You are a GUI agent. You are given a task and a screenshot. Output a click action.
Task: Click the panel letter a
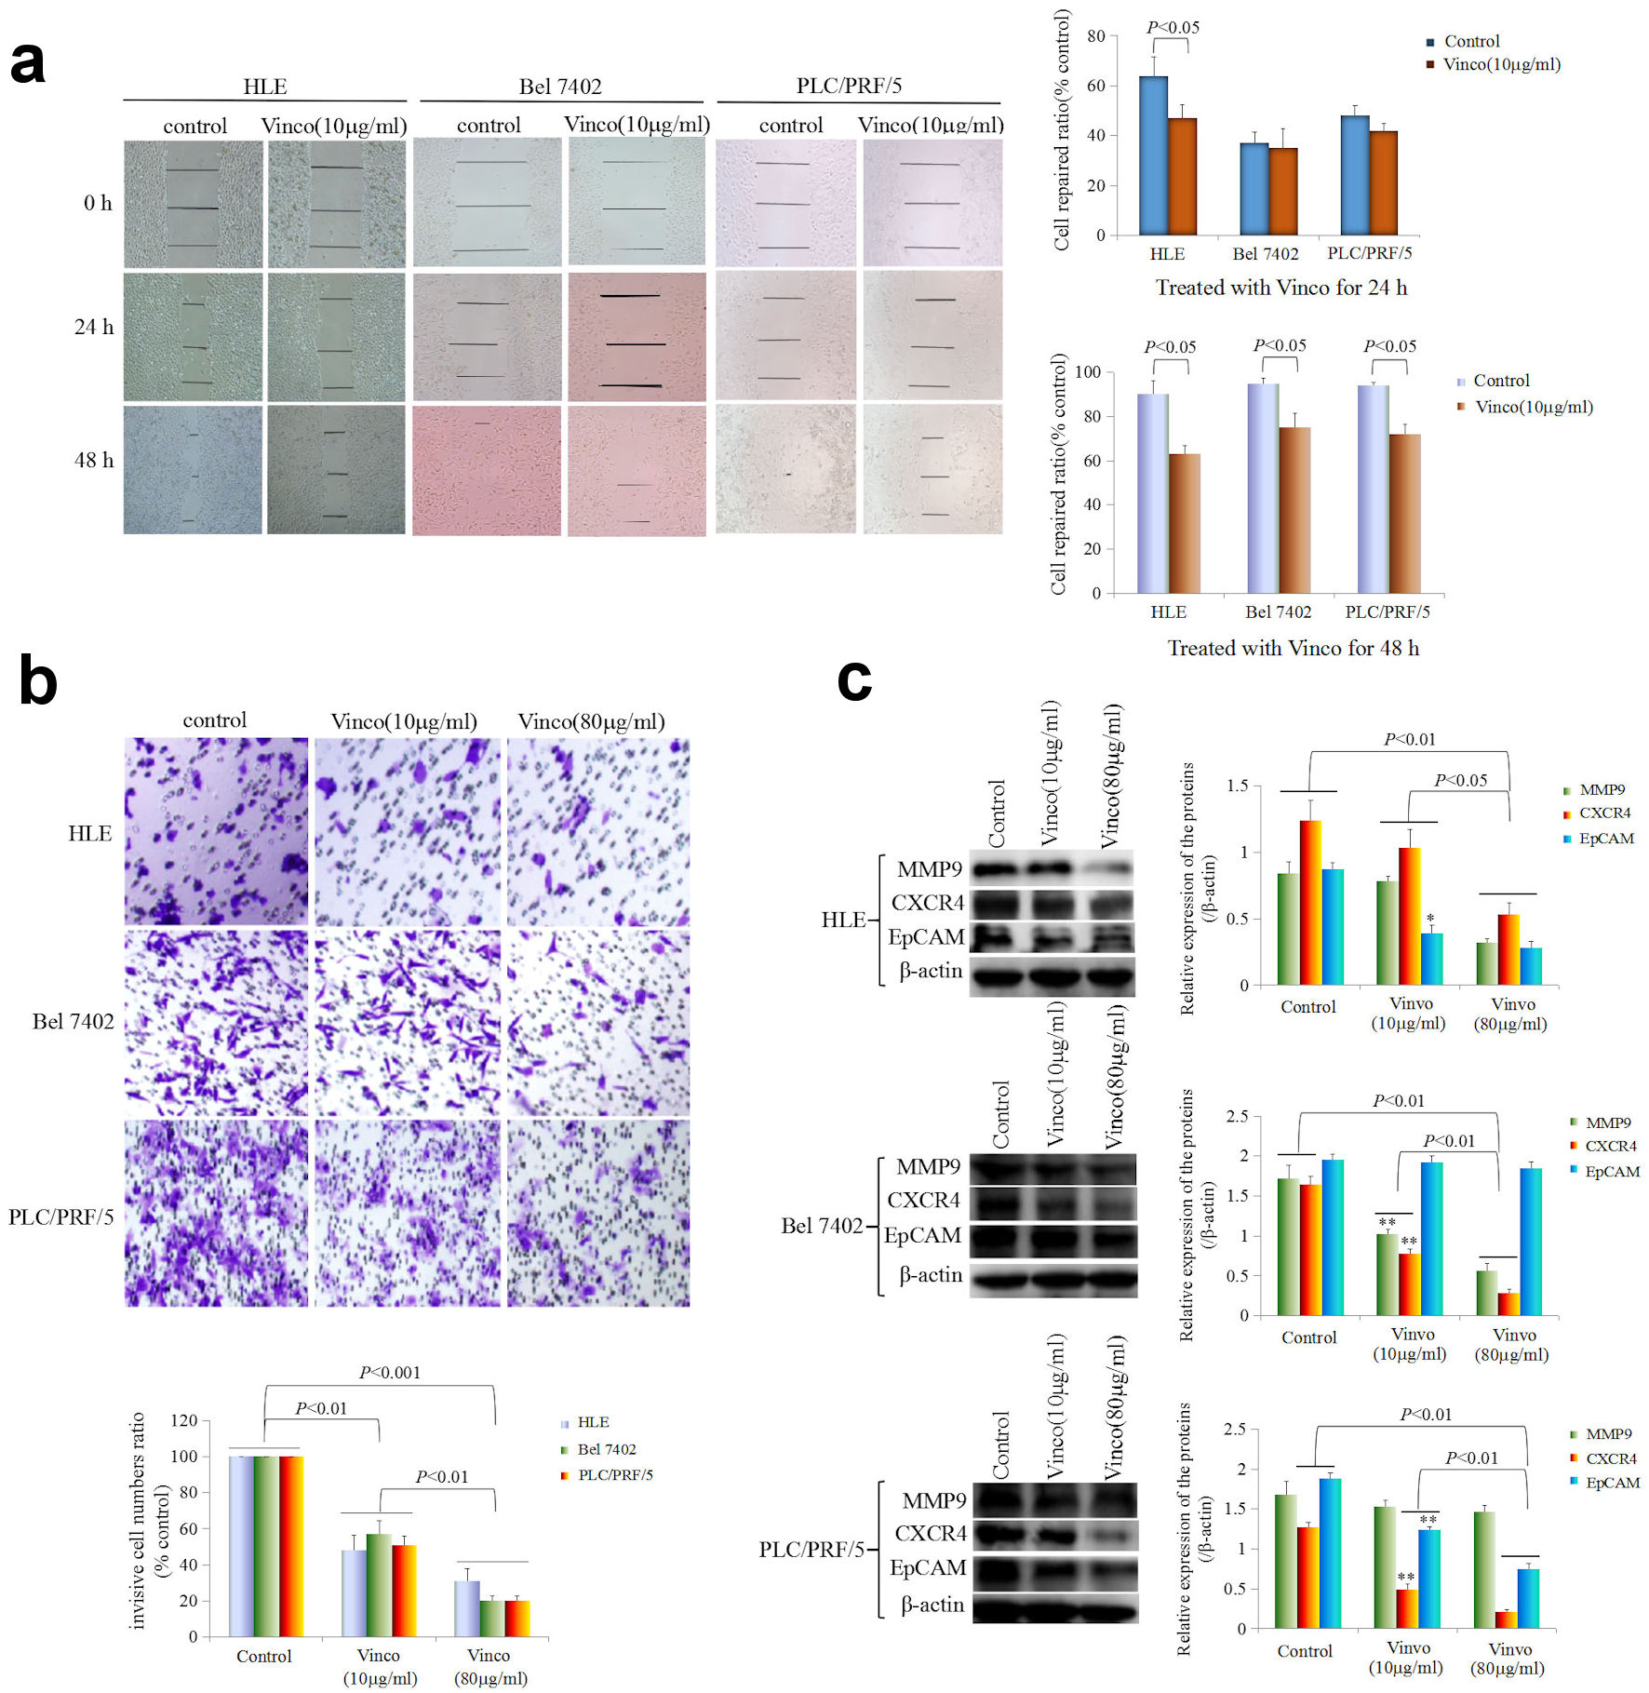click(x=28, y=63)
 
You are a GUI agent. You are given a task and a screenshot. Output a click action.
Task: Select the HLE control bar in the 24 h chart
click(x=1153, y=155)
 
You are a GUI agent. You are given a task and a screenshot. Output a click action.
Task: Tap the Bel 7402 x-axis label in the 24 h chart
click(x=1265, y=254)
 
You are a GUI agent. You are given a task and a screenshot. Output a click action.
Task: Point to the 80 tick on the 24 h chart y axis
click(x=1095, y=36)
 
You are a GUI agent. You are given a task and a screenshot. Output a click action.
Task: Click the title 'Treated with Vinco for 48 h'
click(x=1293, y=648)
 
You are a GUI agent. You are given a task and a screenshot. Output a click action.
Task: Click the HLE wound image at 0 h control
click(x=194, y=205)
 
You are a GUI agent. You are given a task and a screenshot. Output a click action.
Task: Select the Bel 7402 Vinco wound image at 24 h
click(x=637, y=337)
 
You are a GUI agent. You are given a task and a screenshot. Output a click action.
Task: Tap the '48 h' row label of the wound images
click(x=94, y=460)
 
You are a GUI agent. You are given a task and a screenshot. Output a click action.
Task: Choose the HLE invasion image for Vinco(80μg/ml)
click(x=598, y=831)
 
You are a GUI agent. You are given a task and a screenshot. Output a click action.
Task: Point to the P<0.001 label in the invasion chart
click(x=390, y=1372)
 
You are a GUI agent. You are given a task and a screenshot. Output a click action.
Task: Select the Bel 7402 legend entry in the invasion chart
click(x=606, y=1449)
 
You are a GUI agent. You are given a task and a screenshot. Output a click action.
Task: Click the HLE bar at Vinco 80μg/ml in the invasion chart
click(x=467, y=1608)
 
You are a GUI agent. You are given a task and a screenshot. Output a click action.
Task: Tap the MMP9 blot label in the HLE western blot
click(x=929, y=869)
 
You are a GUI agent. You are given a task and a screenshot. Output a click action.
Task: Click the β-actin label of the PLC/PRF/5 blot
click(x=932, y=1605)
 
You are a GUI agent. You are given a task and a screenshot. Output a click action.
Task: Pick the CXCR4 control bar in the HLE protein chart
click(x=1310, y=902)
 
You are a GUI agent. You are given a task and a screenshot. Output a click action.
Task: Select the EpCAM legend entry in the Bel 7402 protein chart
click(x=1612, y=1171)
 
